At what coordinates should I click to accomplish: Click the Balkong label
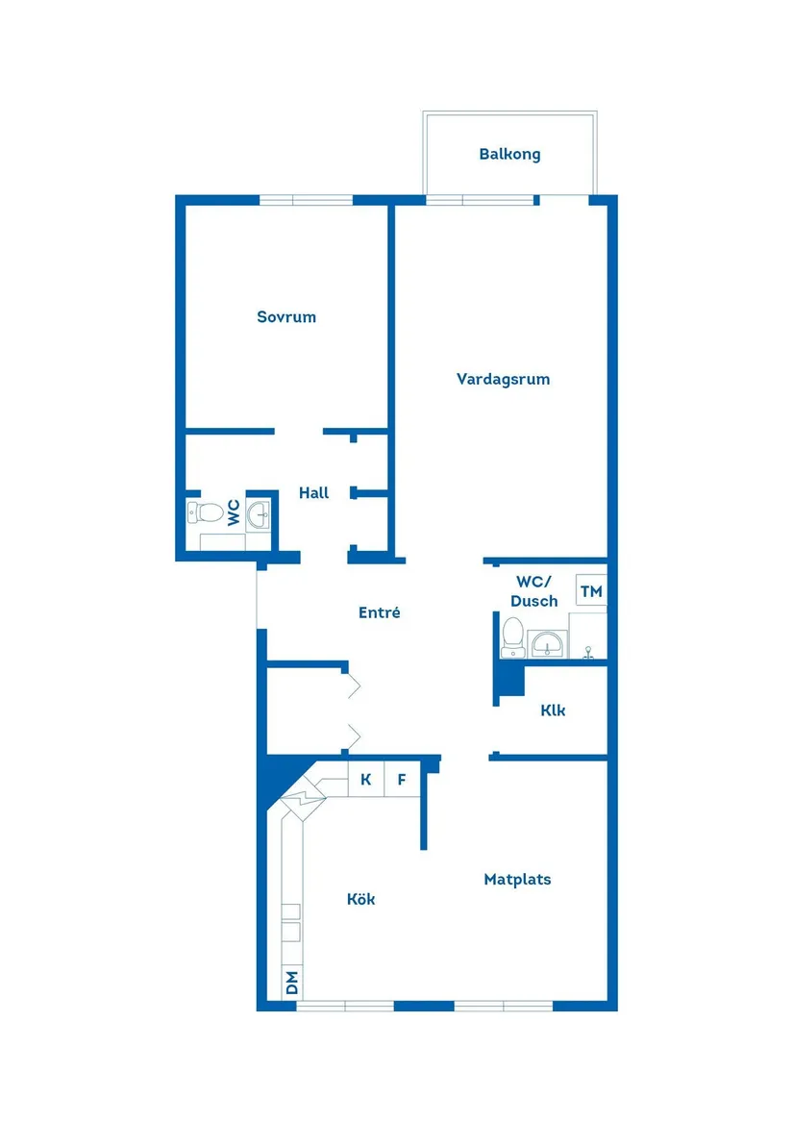coord(509,154)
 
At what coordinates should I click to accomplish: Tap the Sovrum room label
coord(286,316)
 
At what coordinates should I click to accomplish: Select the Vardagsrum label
coord(503,379)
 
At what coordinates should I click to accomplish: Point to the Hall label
coord(313,493)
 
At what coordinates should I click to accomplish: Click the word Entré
coord(379,612)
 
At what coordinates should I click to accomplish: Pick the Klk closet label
coord(553,711)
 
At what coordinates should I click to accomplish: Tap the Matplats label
coord(517,879)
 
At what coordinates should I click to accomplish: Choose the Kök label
coord(360,900)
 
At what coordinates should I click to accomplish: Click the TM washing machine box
coord(591,591)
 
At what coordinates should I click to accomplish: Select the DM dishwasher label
coord(292,983)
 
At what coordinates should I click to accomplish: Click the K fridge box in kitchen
coord(365,780)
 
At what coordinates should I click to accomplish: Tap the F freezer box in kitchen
coord(403,780)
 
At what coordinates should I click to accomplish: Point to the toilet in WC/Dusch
coord(511,636)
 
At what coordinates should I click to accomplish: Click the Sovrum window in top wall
coord(307,200)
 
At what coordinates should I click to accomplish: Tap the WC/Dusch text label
coord(534,591)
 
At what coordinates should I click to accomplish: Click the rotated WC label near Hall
coord(233,512)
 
